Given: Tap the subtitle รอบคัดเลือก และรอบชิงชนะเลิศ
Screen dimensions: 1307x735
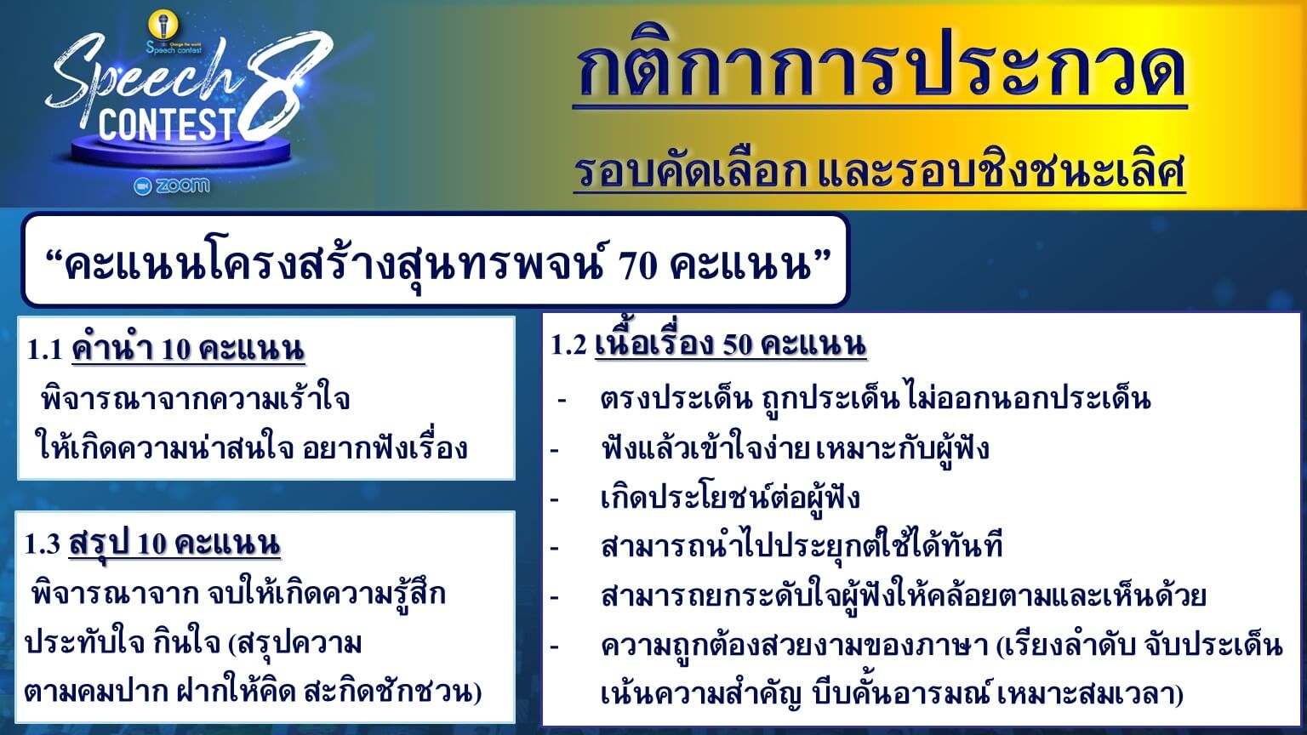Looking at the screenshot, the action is click(x=879, y=171).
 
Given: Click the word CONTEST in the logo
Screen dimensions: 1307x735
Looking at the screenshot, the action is click(x=167, y=124).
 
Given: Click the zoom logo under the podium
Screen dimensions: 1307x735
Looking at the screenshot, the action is click(x=172, y=185).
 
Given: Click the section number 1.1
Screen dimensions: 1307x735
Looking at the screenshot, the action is click(x=44, y=350).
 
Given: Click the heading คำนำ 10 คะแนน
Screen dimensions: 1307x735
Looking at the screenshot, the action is click(x=188, y=349).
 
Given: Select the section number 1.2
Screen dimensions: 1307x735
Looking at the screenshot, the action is click(x=568, y=345).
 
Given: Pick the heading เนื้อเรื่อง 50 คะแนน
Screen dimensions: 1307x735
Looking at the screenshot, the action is click(x=731, y=345).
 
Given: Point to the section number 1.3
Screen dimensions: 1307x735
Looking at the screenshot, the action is click(x=42, y=544).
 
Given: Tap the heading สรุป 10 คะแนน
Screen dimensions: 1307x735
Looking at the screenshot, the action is click(x=174, y=544).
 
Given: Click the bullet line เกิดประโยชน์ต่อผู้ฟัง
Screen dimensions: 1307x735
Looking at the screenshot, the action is click(x=730, y=499).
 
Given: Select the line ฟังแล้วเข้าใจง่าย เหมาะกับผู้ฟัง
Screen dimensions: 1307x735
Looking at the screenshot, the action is click(x=795, y=448).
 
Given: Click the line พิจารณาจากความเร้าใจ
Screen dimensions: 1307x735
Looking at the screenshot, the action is click(x=196, y=398).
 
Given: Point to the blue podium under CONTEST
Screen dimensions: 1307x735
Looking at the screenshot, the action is click(x=181, y=151).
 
